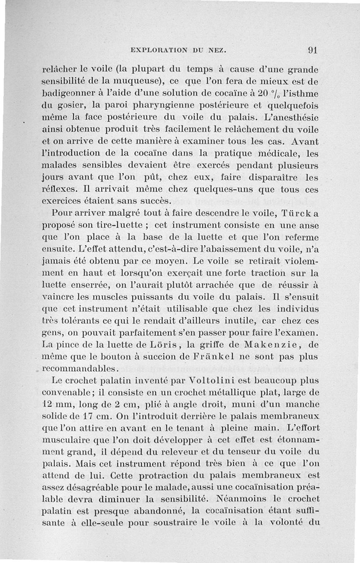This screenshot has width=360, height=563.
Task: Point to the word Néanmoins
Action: [x=241, y=498]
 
